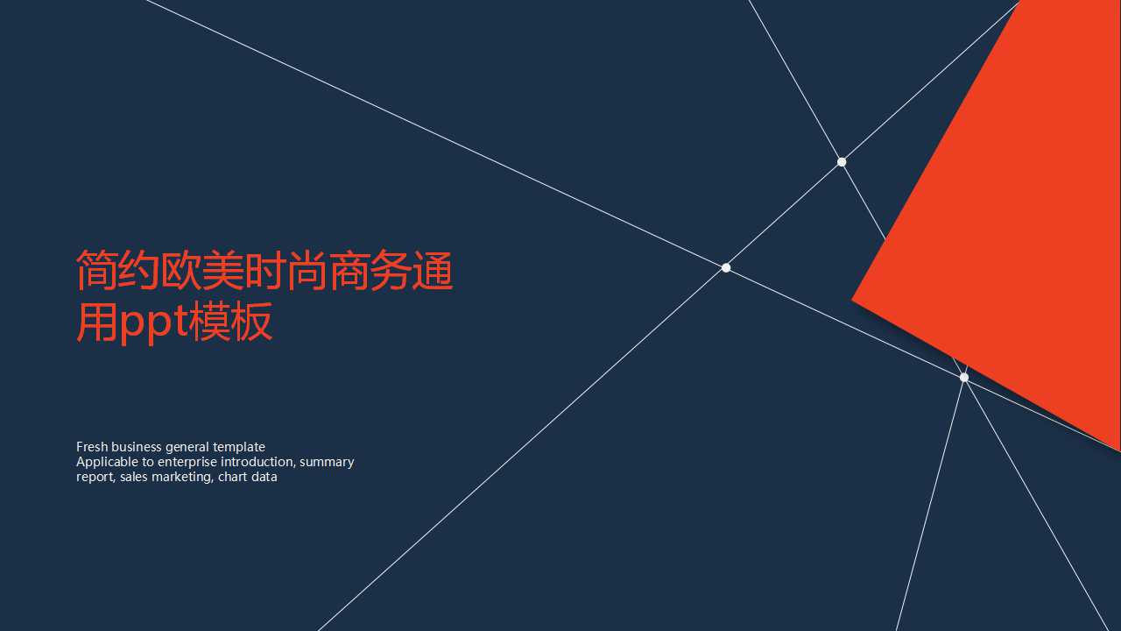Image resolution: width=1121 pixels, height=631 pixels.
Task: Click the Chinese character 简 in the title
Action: [97, 270]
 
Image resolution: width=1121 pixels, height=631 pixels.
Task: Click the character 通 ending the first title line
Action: [432, 270]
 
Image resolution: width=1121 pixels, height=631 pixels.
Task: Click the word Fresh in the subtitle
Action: [92, 447]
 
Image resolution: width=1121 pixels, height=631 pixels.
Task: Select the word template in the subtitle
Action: [238, 447]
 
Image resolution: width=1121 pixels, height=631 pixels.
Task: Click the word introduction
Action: [257, 462]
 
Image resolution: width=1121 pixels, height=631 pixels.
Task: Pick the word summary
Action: [327, 462]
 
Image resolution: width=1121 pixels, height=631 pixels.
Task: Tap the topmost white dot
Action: [842, 162]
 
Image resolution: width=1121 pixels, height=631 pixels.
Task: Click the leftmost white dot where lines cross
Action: [726, 267]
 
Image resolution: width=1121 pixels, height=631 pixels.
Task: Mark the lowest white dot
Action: [964, 378]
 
